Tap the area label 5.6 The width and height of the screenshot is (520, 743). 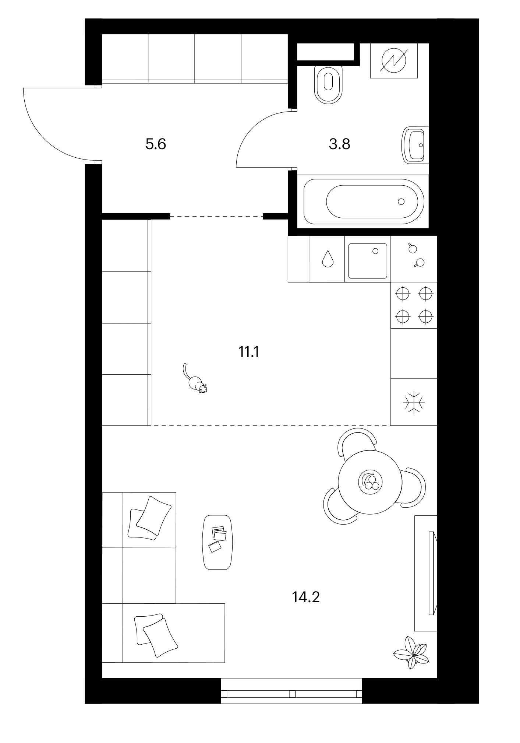point(156,144)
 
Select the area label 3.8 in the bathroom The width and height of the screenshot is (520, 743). point(339,144)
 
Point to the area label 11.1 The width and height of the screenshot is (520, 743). point(249,353)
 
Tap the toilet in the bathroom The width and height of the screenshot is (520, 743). point(329,84)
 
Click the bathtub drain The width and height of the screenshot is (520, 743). point(401,201)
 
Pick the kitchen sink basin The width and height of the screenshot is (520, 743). point(368,261)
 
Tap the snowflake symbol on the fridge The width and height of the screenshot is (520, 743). point(414,402)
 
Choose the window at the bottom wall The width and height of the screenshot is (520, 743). point(291,694)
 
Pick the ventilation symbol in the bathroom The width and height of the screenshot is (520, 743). point(394,60)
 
